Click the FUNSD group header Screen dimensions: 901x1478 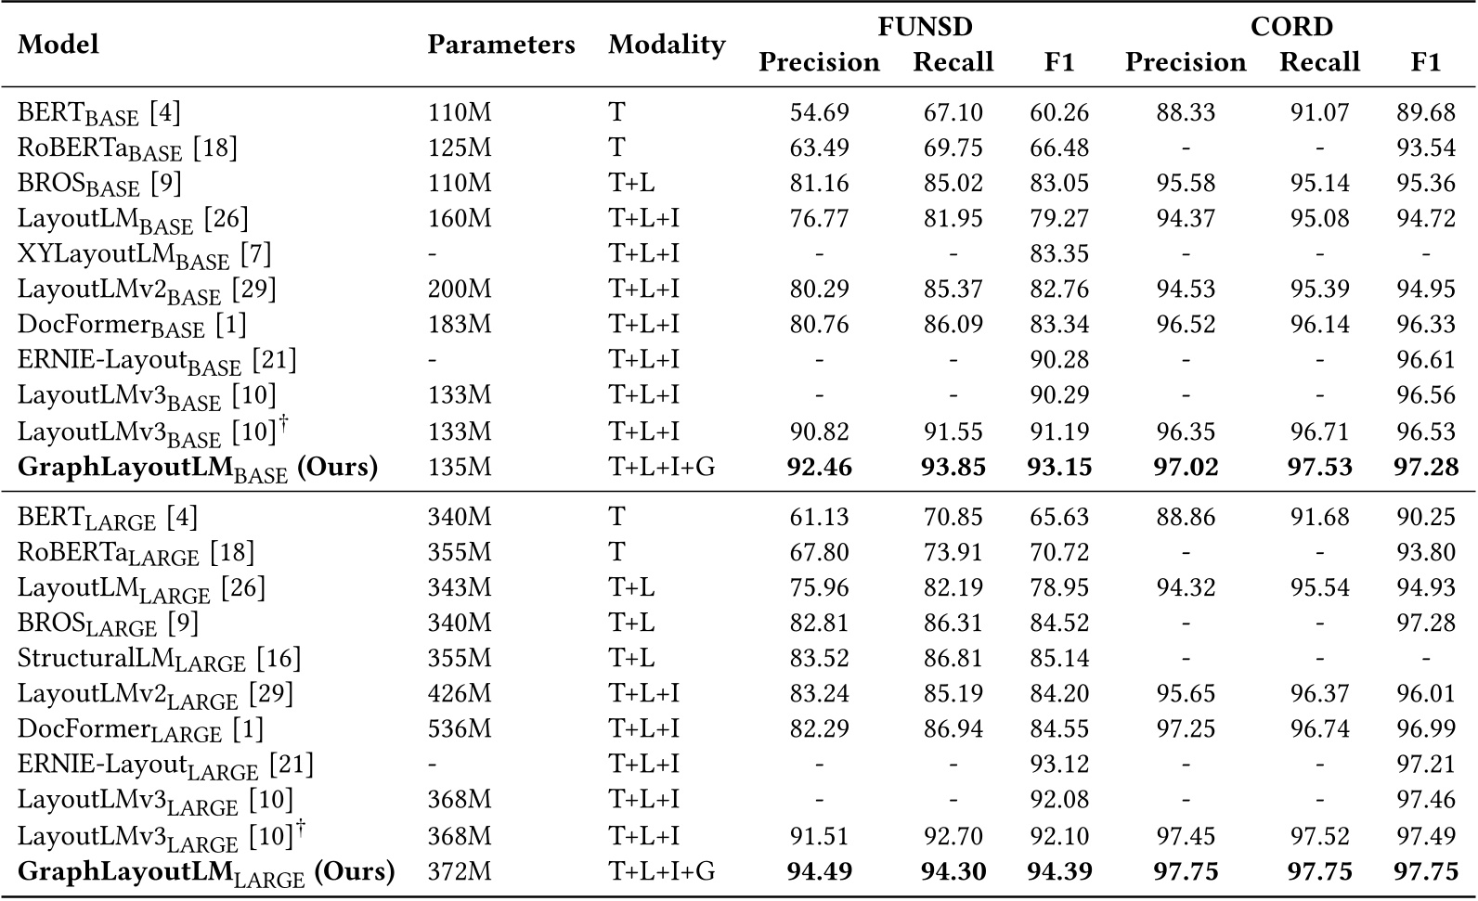tap(925, 26)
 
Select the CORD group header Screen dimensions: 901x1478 tap(1290, 26)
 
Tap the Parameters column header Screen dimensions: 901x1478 tap(500, 45)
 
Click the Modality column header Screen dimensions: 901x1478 tap(666, 45)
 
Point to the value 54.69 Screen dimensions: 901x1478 tap(819, 112)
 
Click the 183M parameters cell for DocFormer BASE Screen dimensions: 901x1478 tap(460, 325)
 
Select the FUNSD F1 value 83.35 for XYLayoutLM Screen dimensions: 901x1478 tap(1058, 253)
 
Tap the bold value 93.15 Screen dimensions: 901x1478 tap(1058, 467)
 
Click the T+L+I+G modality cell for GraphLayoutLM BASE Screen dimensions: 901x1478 tap(661, 467)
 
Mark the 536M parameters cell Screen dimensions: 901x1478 tap(460, 729)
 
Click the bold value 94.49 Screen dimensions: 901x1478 tap(819, 872)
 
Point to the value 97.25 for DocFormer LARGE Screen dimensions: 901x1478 tap(1186, 729)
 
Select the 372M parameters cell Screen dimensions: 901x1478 tap(460, 872)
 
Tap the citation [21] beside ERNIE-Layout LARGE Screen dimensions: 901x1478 tap(291, 765)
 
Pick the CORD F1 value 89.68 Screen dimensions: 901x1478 tap(1425, 112)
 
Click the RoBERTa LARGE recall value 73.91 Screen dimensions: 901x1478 tap(953, 553)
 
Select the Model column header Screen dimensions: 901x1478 tap(58, 45)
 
